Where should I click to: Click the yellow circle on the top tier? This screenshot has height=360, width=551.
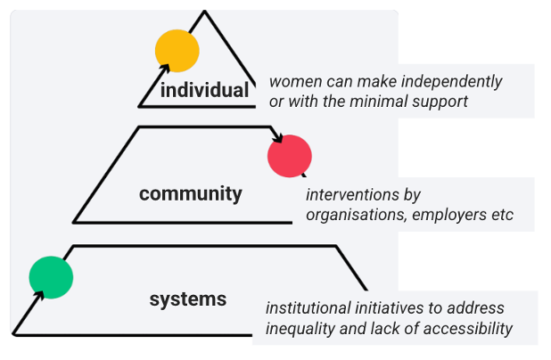point(177,51)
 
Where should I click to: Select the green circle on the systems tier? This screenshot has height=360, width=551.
point(51,276)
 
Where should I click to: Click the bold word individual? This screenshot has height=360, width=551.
point(204,90)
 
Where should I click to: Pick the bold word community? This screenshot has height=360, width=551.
point(191,193)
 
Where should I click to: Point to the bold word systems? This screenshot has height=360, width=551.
point(187,299)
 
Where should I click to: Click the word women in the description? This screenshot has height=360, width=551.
point(295,82)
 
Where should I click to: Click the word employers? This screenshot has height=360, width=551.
point(448,216)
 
